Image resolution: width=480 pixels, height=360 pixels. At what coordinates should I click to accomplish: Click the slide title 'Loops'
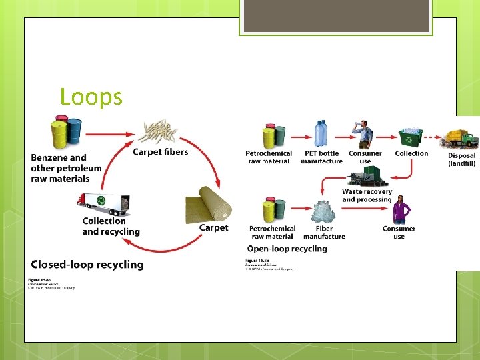click(x=91, y=97)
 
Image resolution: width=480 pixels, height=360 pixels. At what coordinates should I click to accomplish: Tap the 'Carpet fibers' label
click(x=160, y=152)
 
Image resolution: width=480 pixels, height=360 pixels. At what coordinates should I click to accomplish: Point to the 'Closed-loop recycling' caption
click(x=87, y=265)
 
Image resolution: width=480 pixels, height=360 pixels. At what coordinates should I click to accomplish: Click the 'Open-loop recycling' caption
click(x=287, y=249)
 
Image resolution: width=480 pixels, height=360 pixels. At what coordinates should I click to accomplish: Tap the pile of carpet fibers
click(x=160, y=131)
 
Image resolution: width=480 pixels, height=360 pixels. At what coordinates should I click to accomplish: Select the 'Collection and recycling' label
click(x=111, y=226)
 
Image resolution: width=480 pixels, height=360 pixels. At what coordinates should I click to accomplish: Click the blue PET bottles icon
click(x=321, y=134)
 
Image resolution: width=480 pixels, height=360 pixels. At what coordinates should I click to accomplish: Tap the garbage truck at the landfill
click(x=460, y=137)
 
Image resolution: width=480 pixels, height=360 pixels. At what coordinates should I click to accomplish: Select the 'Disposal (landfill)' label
click(x=461, y=159)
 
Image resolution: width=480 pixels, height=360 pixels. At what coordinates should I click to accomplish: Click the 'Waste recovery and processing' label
click(x=367, y=195)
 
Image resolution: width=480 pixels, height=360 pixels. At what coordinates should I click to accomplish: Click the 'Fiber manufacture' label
click(x=324, y=232)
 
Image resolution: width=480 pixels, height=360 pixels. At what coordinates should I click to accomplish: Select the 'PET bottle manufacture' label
click(x=321, y=157)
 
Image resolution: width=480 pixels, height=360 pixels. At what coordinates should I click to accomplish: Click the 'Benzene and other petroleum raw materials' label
click(x=66, y=168)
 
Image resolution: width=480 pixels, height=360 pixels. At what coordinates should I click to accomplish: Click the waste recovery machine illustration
click(x=367, y=176)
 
